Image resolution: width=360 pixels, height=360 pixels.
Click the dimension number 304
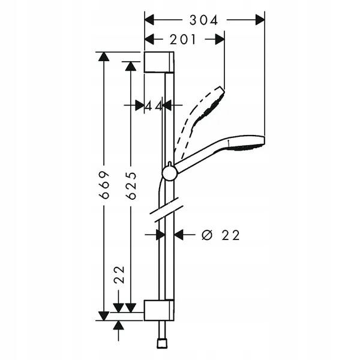[x=203, y=20]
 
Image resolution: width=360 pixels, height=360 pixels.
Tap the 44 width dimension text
[x=154, y=106]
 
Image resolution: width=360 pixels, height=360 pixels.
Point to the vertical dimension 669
[x=104, y=185]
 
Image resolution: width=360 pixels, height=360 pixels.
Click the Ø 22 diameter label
[x=221, y=235]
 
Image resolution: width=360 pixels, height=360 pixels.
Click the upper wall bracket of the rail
[x=159, y=62]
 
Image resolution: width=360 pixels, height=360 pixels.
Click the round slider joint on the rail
[x=170, y=173]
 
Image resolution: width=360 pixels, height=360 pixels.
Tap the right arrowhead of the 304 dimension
[x=260, y=20]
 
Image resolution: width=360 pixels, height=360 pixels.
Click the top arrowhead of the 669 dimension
[x=104, y=57]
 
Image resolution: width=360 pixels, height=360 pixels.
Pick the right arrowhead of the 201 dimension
[x=220, y=40]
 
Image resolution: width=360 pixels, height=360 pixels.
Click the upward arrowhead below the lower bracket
[x=118, y=326]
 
